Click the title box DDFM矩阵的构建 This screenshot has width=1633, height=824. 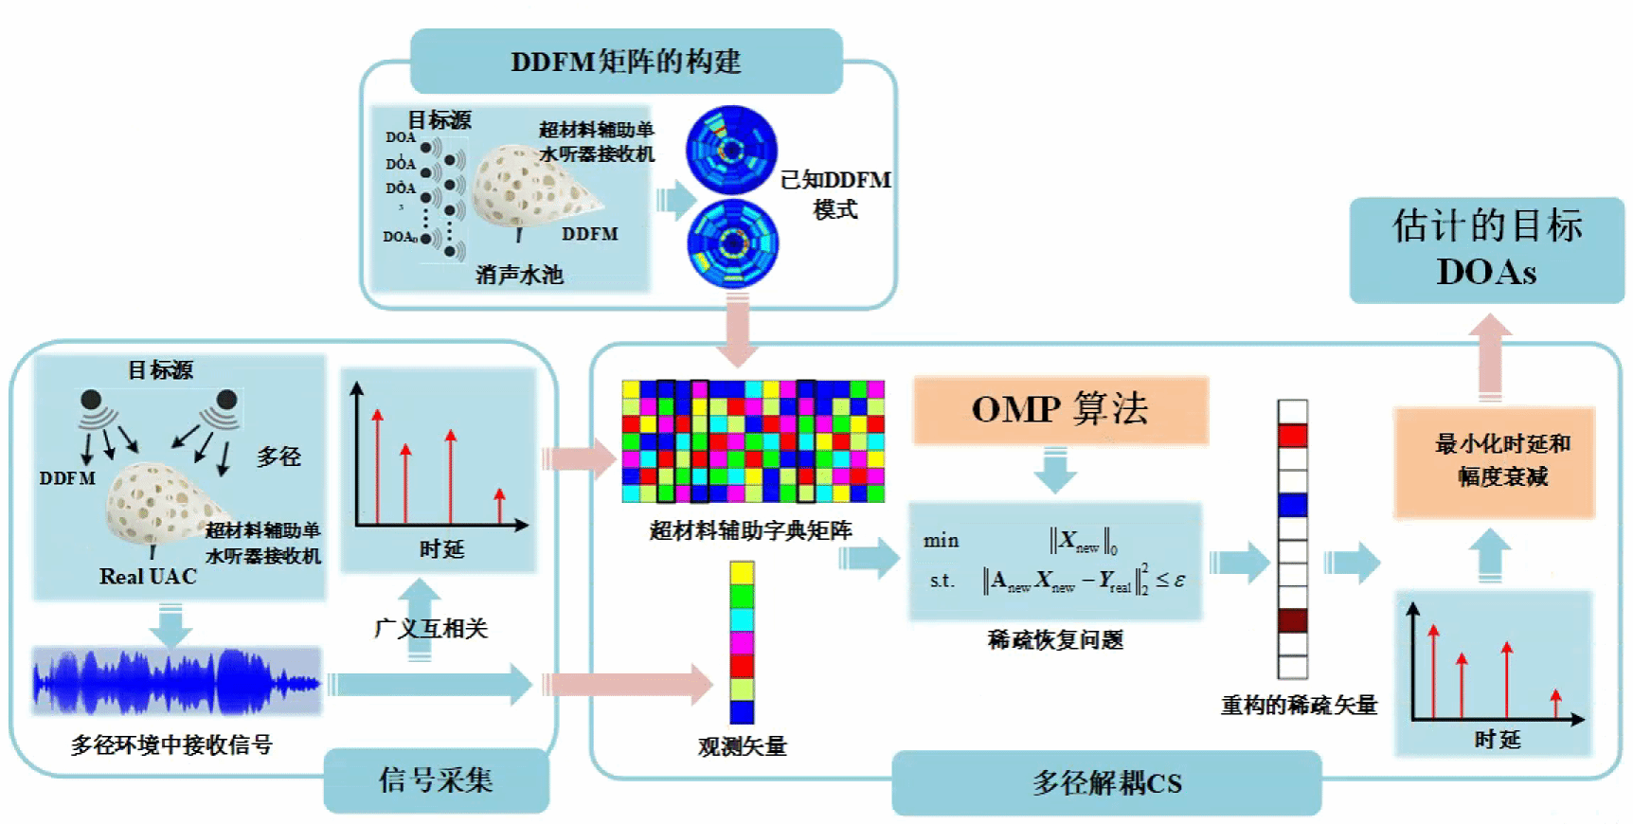point(626,62)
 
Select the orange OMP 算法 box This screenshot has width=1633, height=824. point(1060,409)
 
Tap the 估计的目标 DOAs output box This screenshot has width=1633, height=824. point(1486,249)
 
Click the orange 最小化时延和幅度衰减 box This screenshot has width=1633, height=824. point(1494,461)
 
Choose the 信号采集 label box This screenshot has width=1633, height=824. point(436,780)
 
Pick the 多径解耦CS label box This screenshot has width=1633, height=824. point(1106,783)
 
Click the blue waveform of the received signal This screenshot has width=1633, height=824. point(176,681)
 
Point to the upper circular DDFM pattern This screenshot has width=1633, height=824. point(731,150)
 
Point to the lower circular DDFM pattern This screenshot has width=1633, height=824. point(732,243)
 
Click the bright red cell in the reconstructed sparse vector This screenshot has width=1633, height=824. point(1292,437)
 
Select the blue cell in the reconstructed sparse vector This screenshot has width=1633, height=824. point(1292,505)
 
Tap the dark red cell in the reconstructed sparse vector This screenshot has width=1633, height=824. point(1292,621)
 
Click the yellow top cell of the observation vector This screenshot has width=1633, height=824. point(742,573)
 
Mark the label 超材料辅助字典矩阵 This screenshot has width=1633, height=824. point(750,530)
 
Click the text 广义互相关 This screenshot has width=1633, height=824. point(431,628)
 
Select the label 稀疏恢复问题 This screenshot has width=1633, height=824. point(1055,640)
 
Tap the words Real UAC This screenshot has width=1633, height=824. point(148,577)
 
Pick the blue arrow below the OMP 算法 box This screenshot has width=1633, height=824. point(1055,470)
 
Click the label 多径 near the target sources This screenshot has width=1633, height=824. point(279,457)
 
